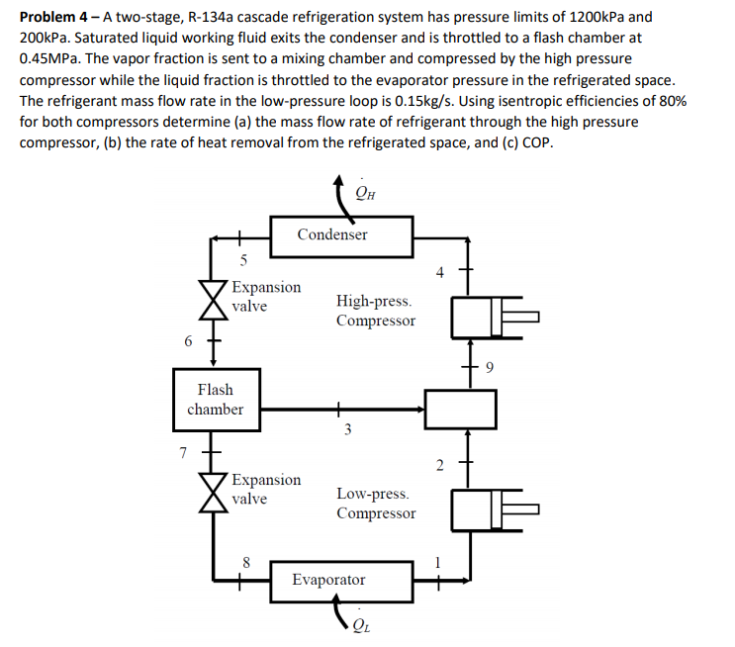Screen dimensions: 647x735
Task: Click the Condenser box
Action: [332, 234]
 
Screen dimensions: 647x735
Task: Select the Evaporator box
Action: [329, 580]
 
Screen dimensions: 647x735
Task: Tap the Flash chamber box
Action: [215, 399]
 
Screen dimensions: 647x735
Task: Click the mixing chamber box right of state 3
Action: [460, 408]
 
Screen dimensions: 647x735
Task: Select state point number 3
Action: [346, 428]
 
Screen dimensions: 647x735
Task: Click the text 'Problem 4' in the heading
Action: [54, 18]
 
